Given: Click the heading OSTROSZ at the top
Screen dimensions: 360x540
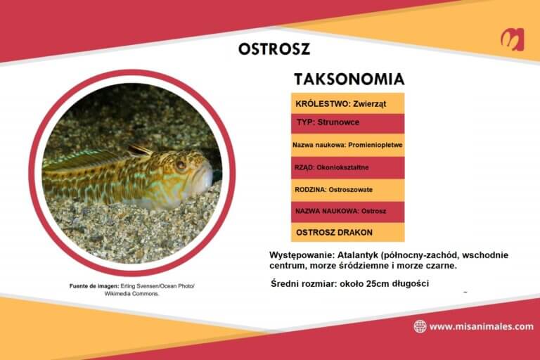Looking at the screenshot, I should click(274, 49).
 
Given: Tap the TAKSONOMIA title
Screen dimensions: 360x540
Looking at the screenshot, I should click(349, 79).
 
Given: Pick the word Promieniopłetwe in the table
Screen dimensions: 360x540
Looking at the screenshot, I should click(377, 145).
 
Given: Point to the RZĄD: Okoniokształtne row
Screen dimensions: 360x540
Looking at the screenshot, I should click(337, 167).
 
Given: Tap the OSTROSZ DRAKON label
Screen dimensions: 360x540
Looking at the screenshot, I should click(334, 232).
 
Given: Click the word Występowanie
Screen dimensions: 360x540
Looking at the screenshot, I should click(301, 254).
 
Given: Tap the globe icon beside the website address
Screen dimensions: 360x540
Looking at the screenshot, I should click(420, 326).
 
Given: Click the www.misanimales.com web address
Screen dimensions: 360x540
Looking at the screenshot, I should click(481, 326).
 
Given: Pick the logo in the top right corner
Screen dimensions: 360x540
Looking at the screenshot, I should click(511, 39).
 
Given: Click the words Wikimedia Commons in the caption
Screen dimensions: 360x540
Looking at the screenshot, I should click(132, 294).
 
